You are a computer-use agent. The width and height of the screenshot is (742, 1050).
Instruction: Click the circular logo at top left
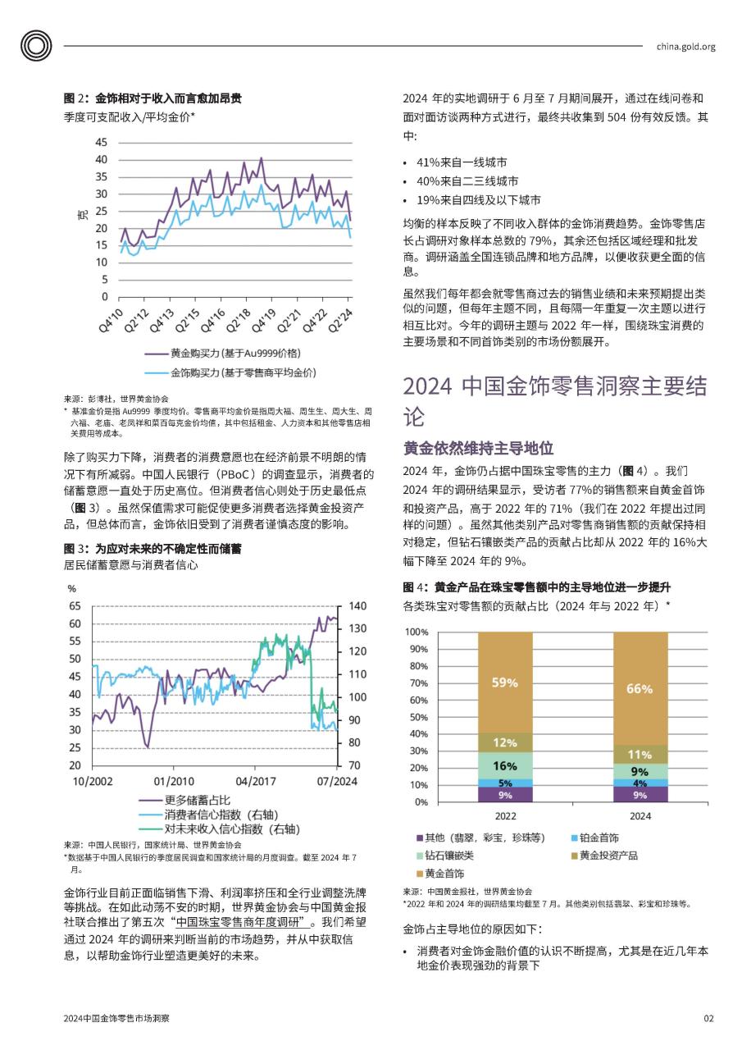tap(36, 45)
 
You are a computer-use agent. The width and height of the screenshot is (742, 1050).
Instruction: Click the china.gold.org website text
tap(685, 47)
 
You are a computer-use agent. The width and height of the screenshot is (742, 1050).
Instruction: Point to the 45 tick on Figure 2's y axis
tap(101, 142)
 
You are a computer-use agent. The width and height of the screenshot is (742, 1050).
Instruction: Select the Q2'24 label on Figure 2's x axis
tap(340, 320)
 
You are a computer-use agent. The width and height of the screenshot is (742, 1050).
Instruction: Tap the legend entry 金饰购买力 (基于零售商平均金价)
tap(230, 372)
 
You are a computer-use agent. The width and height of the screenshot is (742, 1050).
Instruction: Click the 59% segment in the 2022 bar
tap(505, 682)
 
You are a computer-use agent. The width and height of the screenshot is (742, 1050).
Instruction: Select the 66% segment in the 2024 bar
tap(640, 688)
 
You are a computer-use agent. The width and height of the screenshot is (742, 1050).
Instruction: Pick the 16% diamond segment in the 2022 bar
tap(505, 766)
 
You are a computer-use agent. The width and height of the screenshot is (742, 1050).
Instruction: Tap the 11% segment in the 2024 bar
tap(640, 754)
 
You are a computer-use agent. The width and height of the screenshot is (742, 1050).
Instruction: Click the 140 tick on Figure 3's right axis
tap(357, 606)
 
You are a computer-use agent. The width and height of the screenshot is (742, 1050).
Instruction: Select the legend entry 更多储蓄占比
tap(184, 800)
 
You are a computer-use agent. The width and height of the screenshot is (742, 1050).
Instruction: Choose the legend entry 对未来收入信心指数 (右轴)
tap(219, 829)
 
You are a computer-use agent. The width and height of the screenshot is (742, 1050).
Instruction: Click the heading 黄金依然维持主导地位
tap(478, 448)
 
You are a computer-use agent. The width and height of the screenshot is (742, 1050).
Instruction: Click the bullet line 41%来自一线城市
tap(462, 162)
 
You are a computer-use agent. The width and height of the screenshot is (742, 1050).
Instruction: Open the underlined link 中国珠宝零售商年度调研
tap(244, 922)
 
